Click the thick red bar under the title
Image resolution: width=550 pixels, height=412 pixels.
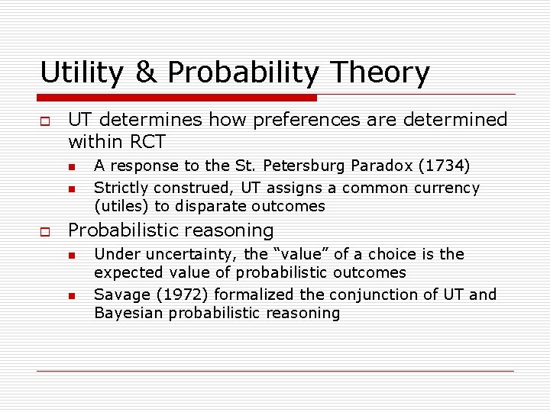click(177, 98)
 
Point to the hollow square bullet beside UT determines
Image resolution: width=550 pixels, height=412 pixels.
click(45, 121)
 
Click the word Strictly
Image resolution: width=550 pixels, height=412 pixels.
click(121, 188)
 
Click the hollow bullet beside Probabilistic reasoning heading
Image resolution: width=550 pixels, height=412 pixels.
click(45, 231)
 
